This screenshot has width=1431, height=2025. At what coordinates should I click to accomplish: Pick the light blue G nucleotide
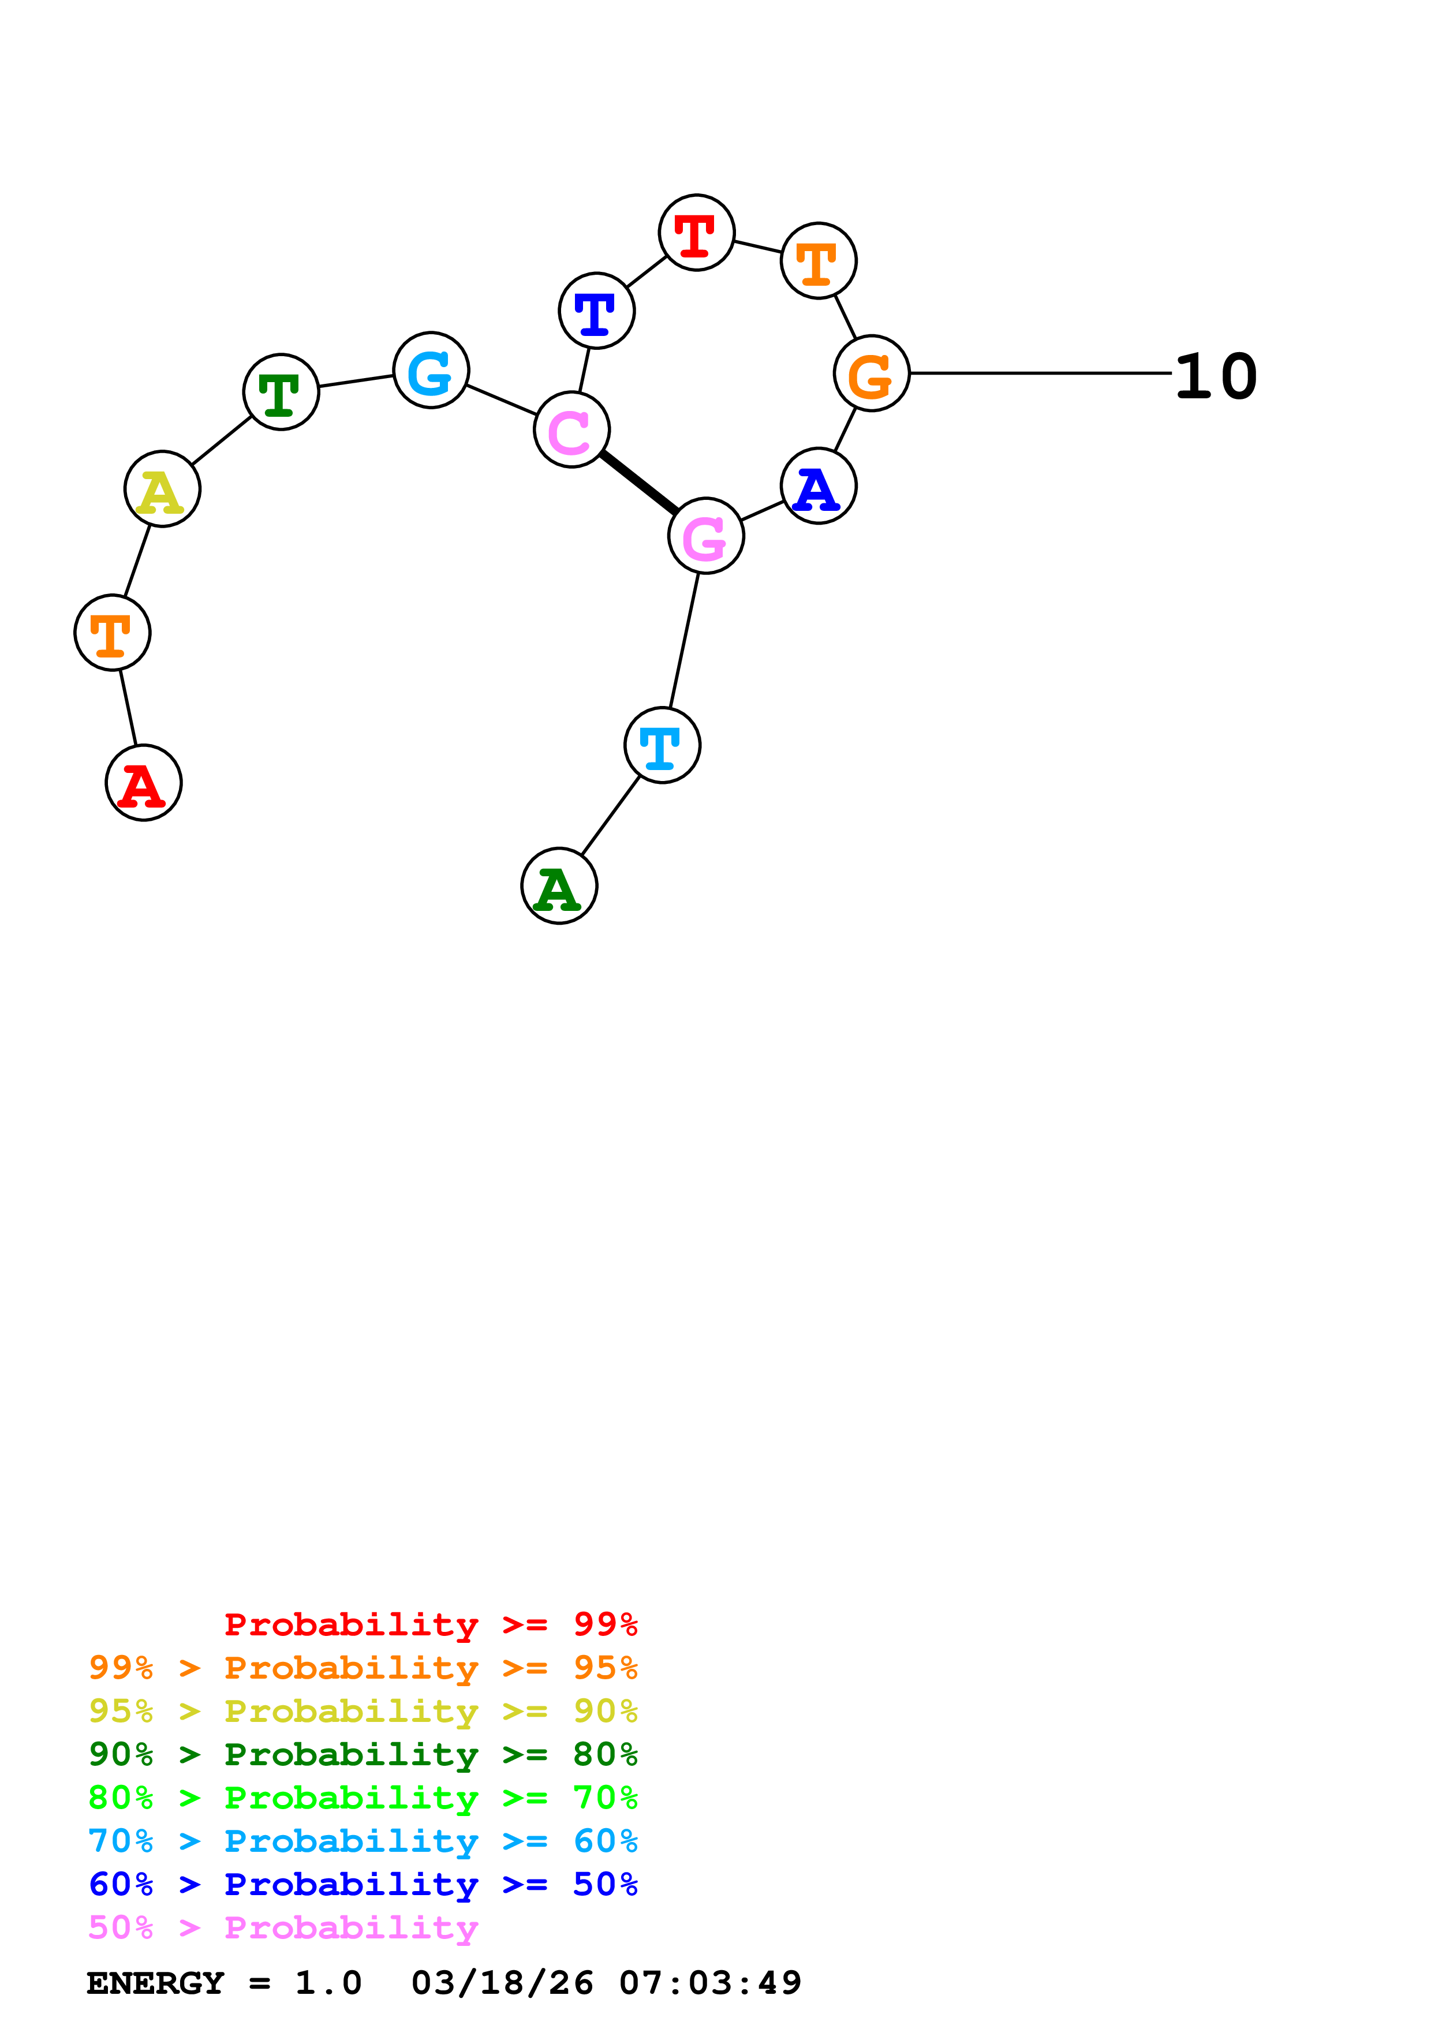tap(430, 371)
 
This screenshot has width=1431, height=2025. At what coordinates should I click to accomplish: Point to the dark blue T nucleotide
tap(596, 311)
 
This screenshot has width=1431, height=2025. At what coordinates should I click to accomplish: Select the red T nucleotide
tap(697, 232)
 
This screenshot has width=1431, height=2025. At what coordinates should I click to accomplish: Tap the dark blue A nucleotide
tap(818, 486)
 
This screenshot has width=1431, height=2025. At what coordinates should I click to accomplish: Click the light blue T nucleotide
tap(662, 745)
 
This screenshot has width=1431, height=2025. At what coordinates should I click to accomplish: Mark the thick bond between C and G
tap(638, 483)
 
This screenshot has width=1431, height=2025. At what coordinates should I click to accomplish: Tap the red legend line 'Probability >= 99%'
tap(430, 1624)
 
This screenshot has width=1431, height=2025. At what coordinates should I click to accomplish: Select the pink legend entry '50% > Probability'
tap(283, 1928)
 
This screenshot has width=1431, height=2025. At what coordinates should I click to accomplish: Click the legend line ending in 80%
tap(363, 1754)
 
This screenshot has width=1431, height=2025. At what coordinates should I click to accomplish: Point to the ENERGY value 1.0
tap(328, 1983)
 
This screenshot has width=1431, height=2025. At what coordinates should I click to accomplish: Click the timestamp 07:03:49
tap(710, 1983)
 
